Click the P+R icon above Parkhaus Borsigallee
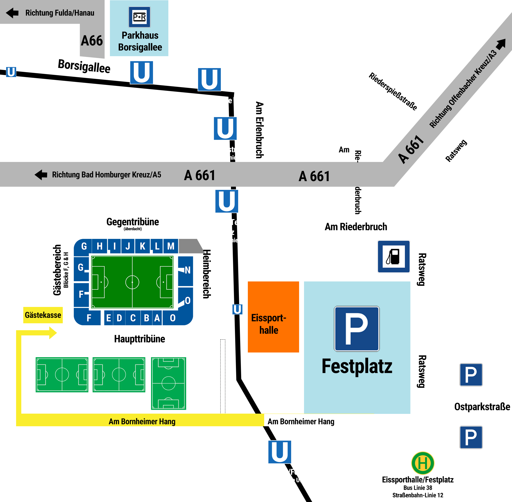(x=139, y=17)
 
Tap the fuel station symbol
(x=393, y=256)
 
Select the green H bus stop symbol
(x=423, y=463)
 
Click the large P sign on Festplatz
(x=357, y=328)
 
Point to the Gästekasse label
(x=43, y=315)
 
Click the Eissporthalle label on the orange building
(x=269, y=324)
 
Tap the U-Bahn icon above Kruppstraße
(x=142, y=73)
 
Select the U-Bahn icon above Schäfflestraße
(x=225, y=128)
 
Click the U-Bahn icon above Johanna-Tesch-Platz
(x=227, y=201)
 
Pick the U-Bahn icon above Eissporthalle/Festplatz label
(x=280, y=452)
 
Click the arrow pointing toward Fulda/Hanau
(x=12, y=13)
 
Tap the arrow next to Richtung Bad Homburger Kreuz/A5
(x=41, y=175)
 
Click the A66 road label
(x=92, y=41)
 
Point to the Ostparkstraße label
(x=482, y=406)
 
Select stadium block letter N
(x=187, y=270)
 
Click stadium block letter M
(x=171, y=246)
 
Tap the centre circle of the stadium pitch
(x=132, y=282)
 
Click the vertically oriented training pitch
(x=168, y=383)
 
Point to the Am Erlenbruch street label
(x=259, y=130)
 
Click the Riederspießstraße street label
(x=393, y=91)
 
